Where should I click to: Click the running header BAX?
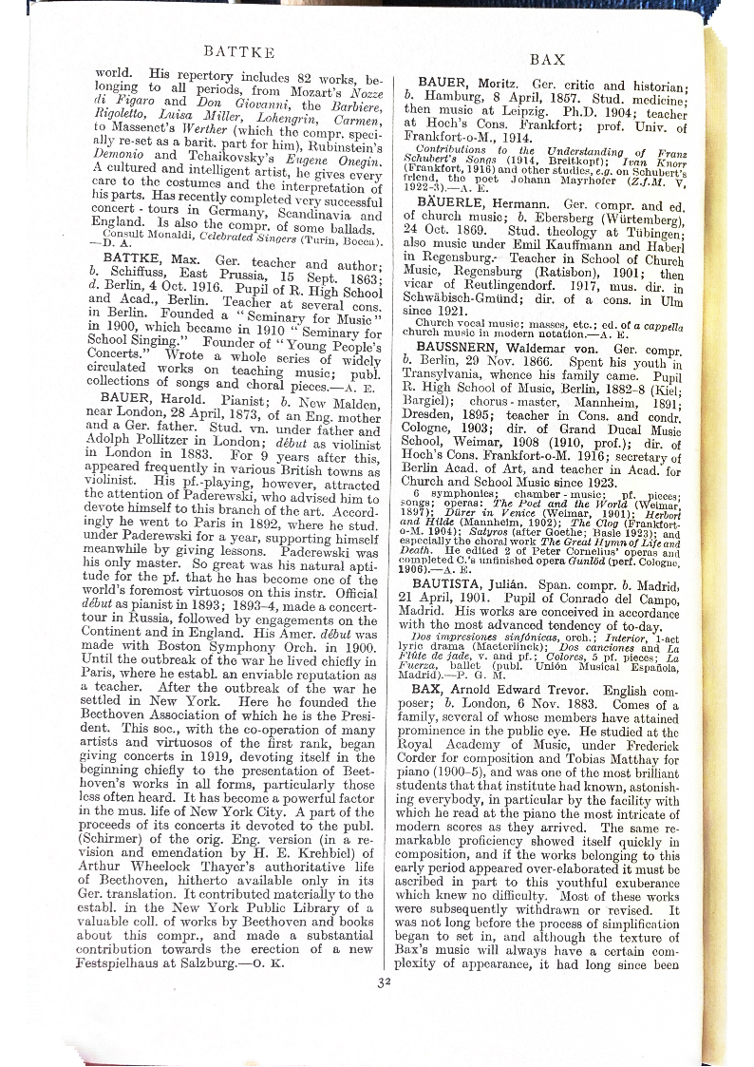coord(547,59)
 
